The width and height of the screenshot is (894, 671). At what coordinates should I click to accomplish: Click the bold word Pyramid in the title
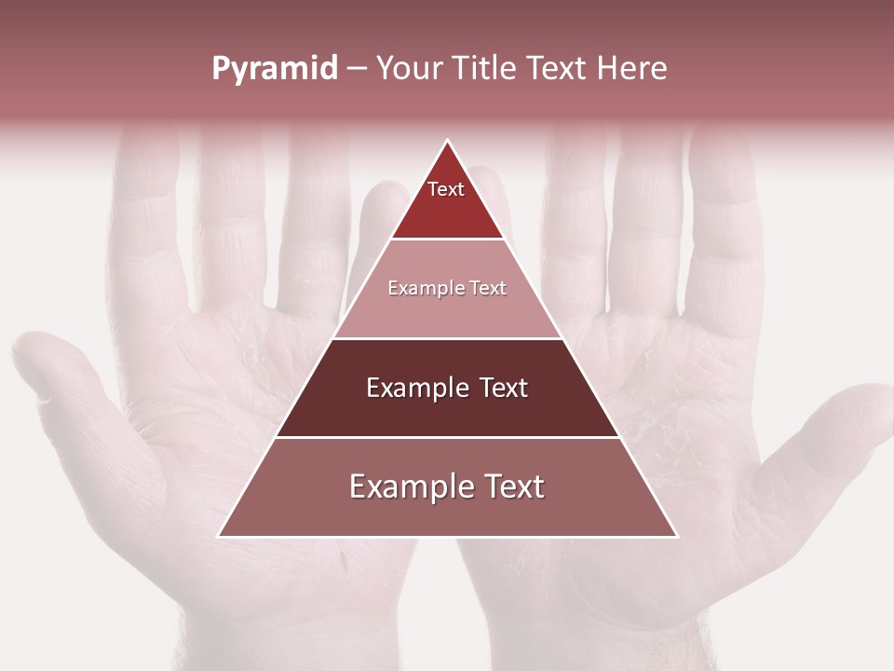(275, 69)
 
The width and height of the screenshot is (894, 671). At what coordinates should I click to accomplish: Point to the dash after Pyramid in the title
(357, 69)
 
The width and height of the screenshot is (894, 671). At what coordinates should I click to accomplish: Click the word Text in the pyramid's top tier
(446, 189)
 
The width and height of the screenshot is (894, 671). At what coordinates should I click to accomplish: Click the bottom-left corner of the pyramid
(220, 536)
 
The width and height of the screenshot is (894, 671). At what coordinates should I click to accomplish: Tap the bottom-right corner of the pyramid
(676, 536)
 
